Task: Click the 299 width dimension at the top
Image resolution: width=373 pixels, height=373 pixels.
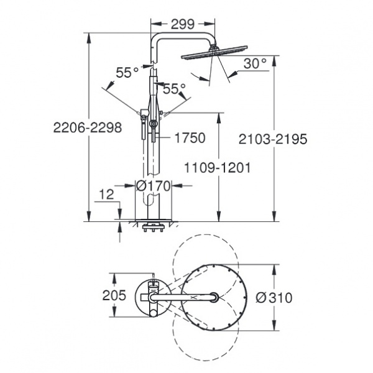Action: click(183, 24)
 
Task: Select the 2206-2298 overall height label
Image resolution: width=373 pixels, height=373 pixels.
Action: click(87, 127)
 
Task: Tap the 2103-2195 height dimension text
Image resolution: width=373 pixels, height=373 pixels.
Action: click(273, 139)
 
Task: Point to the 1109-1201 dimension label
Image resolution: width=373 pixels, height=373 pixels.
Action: click(218, 168)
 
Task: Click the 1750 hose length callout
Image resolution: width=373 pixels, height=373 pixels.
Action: click(190, 138)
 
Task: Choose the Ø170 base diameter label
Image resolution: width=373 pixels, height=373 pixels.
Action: click(153, 186)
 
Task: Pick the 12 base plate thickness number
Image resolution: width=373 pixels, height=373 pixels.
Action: click(106, 195)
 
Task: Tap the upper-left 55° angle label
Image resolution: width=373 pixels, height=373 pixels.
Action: click(127, 72)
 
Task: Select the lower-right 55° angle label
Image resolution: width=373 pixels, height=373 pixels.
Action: click(174, 89)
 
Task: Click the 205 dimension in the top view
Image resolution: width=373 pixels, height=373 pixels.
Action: click(114, 295)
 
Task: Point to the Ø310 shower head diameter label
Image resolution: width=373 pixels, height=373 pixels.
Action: click(274, 298)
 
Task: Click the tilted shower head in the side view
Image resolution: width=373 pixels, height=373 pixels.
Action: click(214, 52)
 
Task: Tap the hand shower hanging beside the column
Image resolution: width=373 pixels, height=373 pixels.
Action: click(144, 124)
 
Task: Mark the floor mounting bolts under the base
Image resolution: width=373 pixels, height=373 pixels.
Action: click(153, 227)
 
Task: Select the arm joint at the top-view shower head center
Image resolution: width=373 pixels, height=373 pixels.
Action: click(214, 297)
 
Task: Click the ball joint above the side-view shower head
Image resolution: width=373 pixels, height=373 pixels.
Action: click(213, 47)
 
